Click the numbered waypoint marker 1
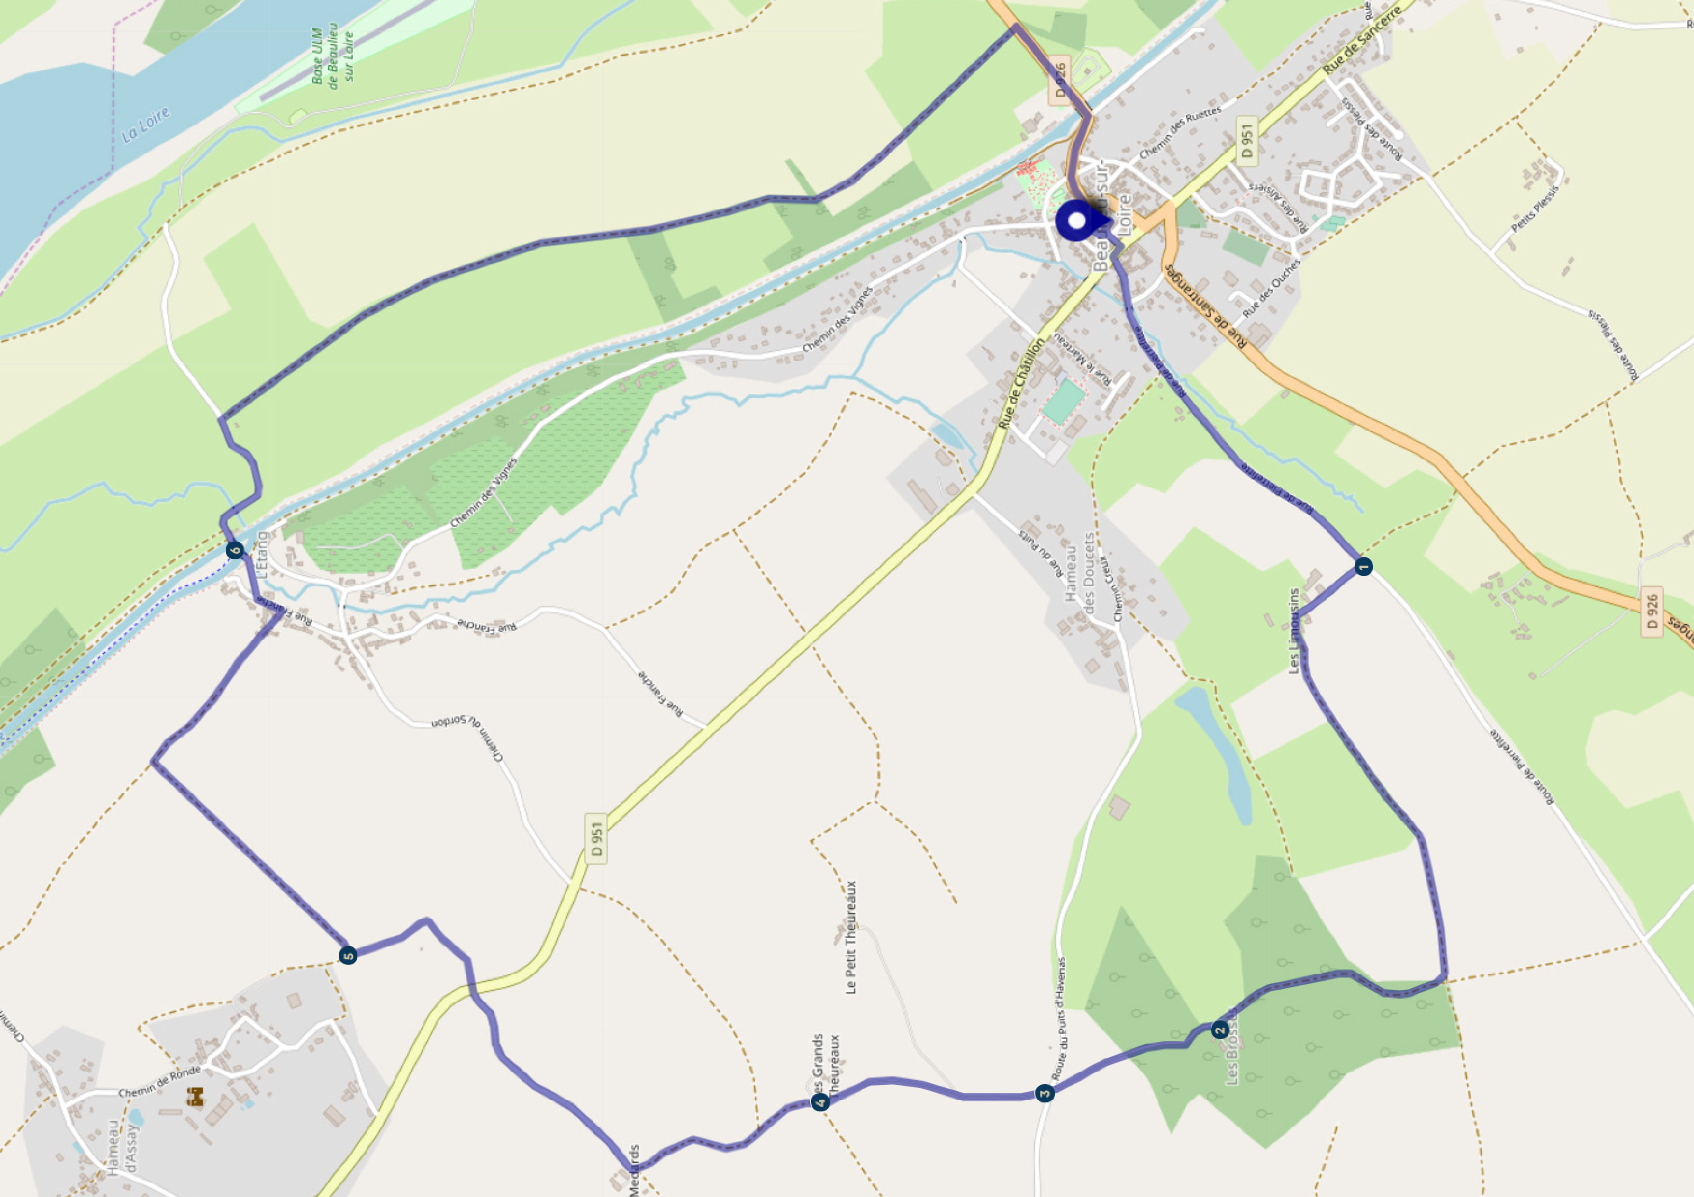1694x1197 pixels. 1363,567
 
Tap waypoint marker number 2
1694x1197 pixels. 1220,1030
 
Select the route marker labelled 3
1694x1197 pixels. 1044,1093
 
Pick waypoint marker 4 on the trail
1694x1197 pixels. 819,1102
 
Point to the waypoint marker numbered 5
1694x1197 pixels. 348,956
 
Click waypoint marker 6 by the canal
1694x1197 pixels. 235,550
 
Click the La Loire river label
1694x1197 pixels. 145,125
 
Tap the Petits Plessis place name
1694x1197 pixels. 1536,209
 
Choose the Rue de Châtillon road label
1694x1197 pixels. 1021,384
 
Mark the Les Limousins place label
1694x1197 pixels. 1293,630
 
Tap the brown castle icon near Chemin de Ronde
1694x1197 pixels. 195,1097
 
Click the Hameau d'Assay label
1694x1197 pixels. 122,1148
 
